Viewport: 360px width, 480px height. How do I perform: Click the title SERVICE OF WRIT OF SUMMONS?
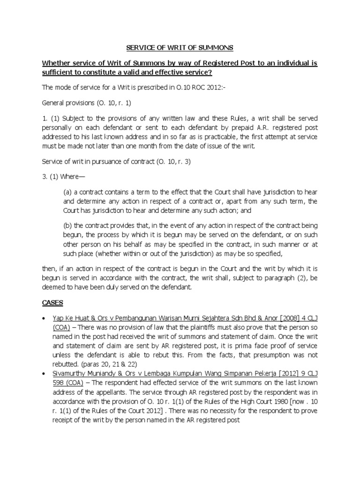[x=180, y=48]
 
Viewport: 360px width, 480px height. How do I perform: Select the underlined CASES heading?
[x=53, y=304]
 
